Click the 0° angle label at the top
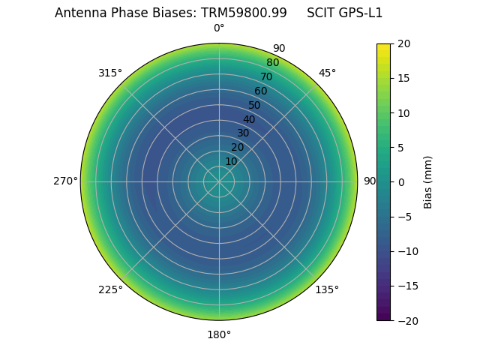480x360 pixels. click(219, 28)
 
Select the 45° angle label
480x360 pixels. click(327, 73)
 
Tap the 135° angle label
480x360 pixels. click(327, 289)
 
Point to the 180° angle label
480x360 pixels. click(219, 334)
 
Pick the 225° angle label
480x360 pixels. click(110, 289)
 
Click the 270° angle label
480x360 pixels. click(65, 181)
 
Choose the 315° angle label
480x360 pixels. click(110, 73)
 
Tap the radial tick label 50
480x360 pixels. click(255, 105)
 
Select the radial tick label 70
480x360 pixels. click(266, 76)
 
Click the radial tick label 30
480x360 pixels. click(243, 133)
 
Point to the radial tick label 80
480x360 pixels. click(272, 62)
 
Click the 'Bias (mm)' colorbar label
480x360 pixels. click(428, 181)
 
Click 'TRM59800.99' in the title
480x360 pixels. click(244, 13)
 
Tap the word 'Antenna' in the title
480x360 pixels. click(79, 13)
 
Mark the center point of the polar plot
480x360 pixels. click(219, 181)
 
